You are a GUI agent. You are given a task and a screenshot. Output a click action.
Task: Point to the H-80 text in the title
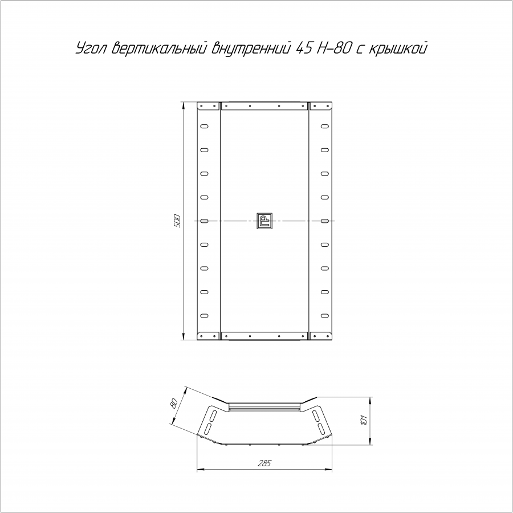(336, 48)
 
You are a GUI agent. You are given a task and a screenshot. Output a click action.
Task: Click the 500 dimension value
(177, 221)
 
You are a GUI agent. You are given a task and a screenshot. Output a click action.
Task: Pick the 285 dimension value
(264, 463)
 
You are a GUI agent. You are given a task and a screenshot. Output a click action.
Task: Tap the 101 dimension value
(364, 421)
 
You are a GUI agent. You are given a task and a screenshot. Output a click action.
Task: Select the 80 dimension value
(174, 403)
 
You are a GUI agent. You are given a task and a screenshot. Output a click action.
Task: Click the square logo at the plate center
(264, 221)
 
